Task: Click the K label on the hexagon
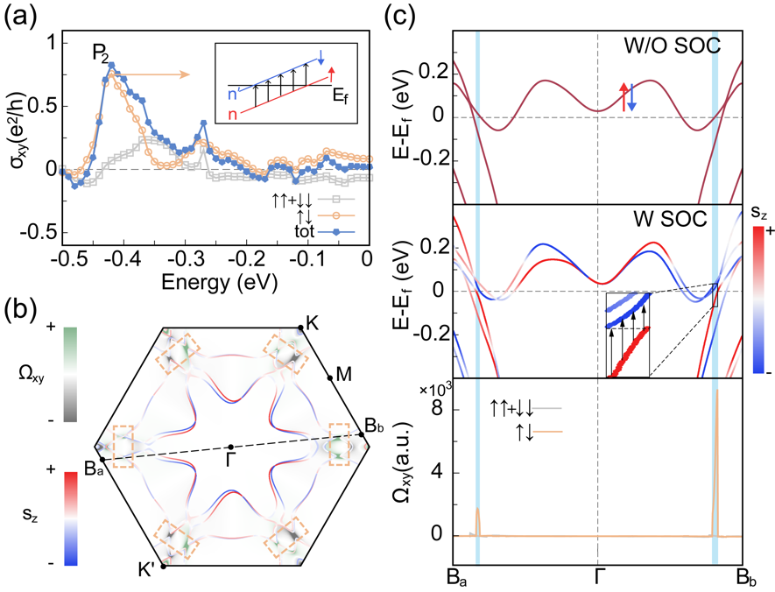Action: coord(313,321)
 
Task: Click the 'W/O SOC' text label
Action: coord(671,45)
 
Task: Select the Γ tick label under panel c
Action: coord(597,577)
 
